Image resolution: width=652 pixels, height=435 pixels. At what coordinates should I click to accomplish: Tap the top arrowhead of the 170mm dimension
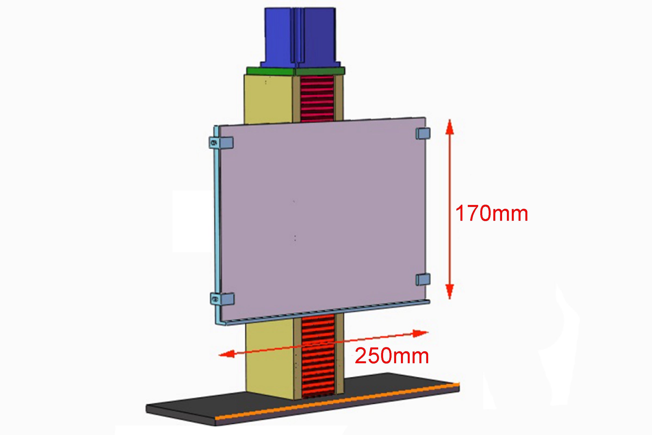coord(450,126)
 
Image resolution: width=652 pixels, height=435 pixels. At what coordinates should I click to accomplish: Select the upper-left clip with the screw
coord(221,142)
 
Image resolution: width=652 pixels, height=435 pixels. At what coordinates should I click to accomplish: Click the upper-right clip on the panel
coord(423,133)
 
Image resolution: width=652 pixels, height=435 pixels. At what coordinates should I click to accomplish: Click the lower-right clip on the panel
coord(423,279)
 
